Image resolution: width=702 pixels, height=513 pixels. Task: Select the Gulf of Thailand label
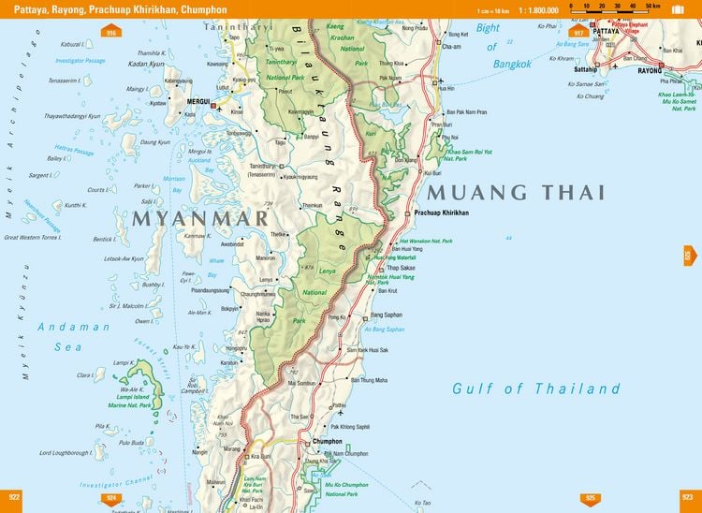(536, 388)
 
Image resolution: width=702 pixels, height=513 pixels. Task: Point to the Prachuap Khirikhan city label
(441, 213)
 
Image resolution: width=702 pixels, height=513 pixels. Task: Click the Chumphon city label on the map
(328, 441)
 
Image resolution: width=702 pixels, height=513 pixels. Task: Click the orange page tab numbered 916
(111, 34)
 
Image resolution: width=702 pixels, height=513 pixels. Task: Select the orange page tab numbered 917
(578, 34)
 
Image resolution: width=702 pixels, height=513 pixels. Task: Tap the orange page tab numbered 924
(111, 498)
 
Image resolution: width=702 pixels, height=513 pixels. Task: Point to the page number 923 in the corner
(688, 496)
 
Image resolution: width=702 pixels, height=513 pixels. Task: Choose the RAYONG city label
(649, 70)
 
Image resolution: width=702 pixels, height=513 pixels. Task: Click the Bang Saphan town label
(387, 315)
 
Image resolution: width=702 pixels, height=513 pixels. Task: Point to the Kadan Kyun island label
(147, 65)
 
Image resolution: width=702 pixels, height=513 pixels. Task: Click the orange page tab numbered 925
(590, 498)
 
